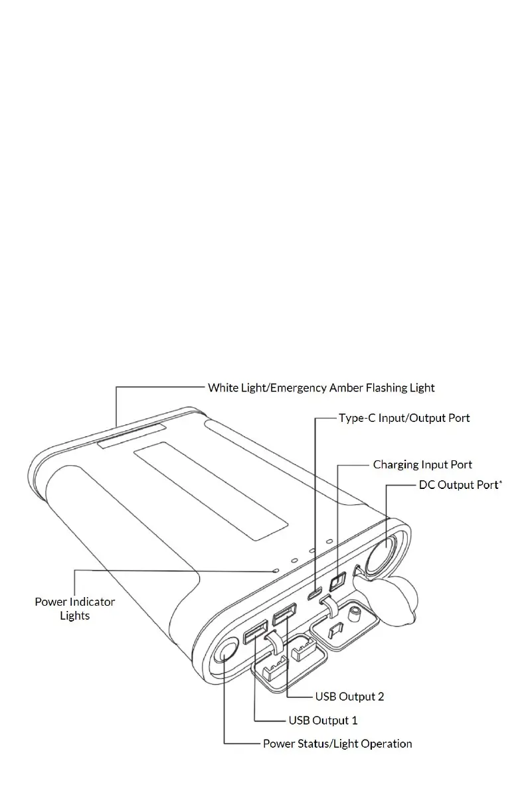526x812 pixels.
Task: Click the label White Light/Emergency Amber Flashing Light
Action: [321, 387]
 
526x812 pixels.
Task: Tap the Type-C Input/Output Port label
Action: [404, 418]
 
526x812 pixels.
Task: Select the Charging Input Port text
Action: [422, 464]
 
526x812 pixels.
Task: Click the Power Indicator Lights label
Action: [74, 608]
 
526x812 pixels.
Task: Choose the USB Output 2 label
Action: [349, 697]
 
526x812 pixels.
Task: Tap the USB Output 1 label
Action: [323, 720]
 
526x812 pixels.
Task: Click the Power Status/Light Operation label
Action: [337, 744]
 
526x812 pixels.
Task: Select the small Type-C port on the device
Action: [315, 592]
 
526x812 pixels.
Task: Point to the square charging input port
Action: [337, 581]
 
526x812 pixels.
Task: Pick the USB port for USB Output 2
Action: [284, 615]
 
